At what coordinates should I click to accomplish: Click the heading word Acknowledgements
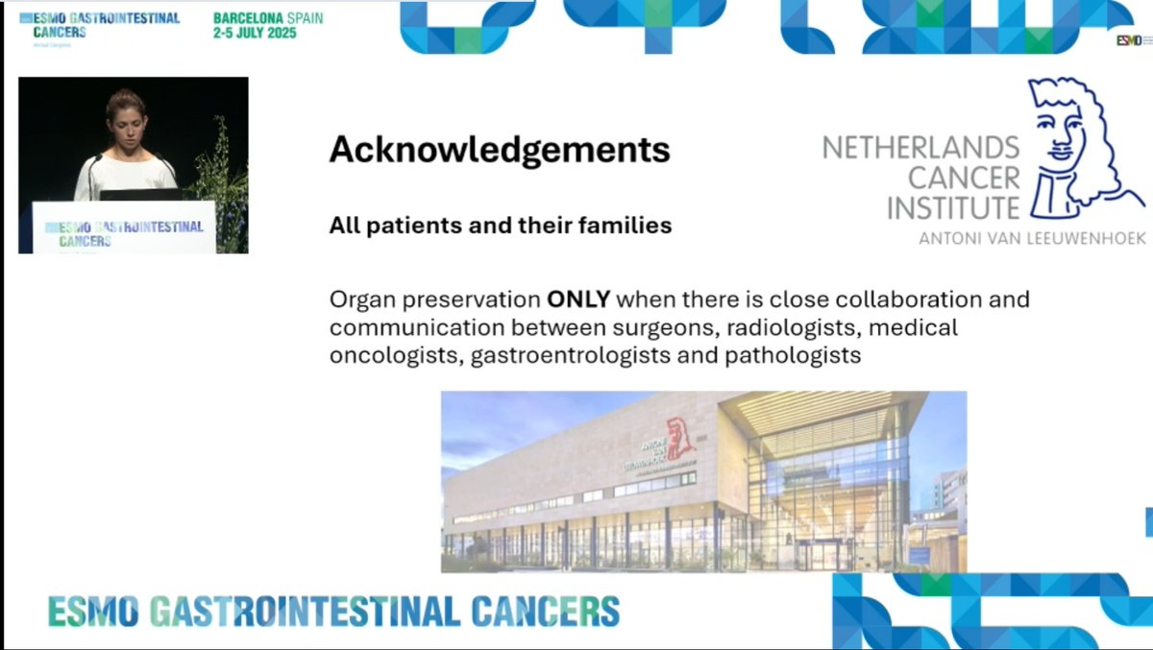click(x=500, y=151)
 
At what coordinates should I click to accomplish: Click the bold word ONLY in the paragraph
click(x=578, y=300)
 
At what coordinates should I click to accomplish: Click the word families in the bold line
click(x=626, y=227)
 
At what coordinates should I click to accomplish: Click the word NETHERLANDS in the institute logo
click(x=920, y=148)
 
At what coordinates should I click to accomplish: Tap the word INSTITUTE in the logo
click(x=952, y=207)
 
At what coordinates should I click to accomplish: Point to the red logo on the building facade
click(x=680, y=439)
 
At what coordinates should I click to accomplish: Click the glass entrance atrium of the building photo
click(x=826, y=490)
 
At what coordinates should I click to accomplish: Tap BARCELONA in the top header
click(x=248, y=18)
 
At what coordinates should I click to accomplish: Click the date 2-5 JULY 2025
click(x=255, y=33)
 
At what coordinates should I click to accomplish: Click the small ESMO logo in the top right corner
click(x=1130, y=39)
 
